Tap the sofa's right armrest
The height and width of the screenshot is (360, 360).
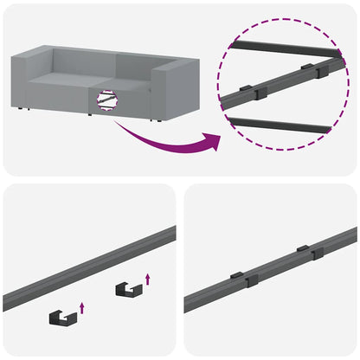(177, 90)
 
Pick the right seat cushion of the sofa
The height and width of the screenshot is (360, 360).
(130, 93)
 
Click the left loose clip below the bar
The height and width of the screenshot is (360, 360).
(61, 318)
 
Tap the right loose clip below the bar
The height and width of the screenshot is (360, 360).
(126, 291)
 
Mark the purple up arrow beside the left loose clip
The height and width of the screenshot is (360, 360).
(82, 305)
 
